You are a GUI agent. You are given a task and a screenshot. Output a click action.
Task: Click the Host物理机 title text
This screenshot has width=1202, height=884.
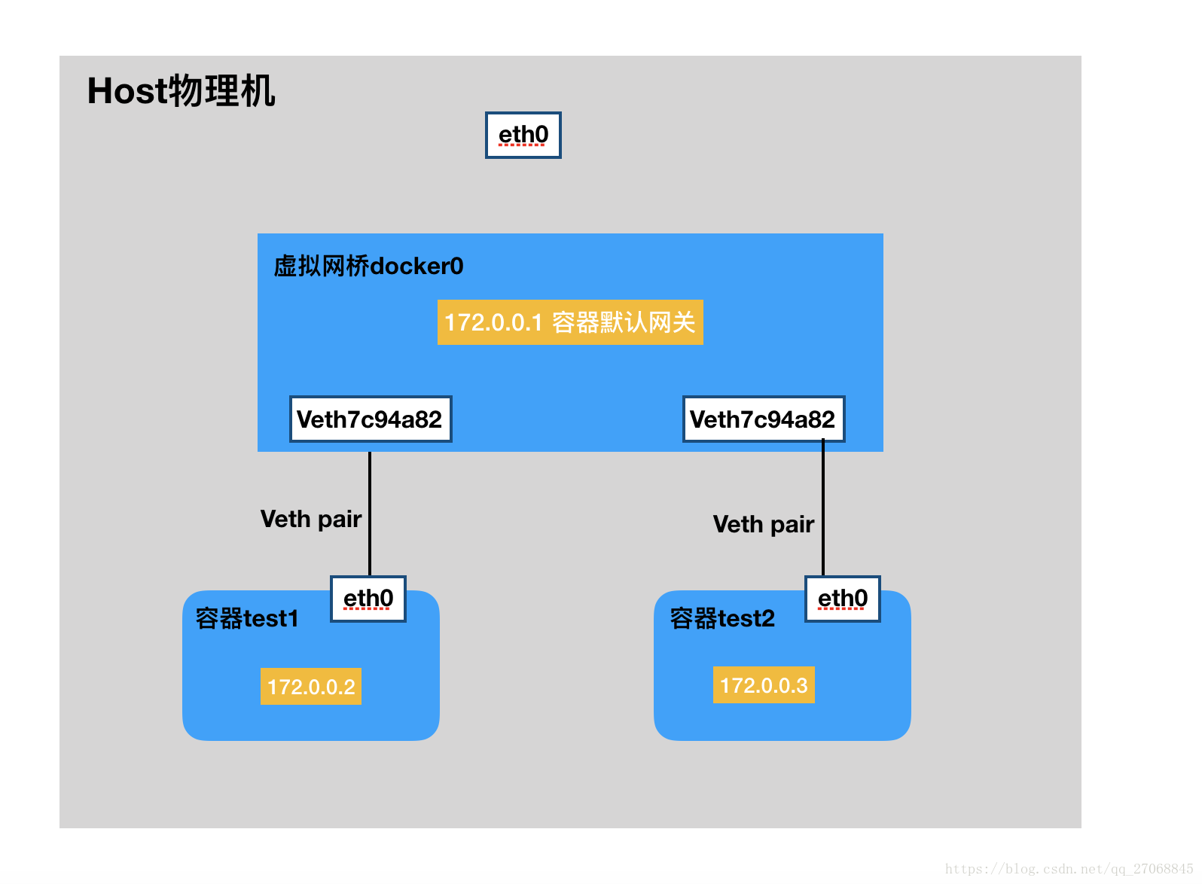tap(181, 91)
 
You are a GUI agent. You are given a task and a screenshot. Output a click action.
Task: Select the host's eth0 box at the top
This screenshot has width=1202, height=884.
tap(523, 135)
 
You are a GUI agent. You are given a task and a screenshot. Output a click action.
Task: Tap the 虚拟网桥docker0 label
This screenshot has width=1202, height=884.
tap(368, 266)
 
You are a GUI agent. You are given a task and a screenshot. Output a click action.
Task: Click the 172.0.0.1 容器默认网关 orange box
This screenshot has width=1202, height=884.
tap(570, 322)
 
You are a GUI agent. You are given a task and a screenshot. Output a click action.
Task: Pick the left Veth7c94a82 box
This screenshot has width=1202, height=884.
tap(371, 419)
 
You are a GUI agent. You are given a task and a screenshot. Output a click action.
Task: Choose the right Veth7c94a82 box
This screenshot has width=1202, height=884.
tap(763, 419)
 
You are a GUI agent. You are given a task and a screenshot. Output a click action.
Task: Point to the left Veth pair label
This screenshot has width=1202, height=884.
tap(310, 519)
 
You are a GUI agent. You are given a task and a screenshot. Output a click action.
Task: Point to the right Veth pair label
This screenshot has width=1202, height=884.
tap(763, 524)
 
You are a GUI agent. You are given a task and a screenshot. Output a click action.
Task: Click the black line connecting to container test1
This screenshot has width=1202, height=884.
tap(370, 512)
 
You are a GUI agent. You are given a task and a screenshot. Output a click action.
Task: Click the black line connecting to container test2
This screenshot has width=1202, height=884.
tap(823, 512)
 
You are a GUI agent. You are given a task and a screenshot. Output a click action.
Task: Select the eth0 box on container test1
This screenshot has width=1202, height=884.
tap(368, 599)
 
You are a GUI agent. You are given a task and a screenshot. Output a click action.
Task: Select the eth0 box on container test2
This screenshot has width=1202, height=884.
tap(843, 599)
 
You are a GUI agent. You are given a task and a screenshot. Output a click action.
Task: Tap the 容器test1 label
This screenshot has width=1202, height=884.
tap(247, 618)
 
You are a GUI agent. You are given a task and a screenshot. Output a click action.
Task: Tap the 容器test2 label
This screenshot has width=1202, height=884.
tap(722, 618)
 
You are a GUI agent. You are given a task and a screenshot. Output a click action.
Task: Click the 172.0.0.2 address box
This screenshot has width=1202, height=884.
tap(311, 687)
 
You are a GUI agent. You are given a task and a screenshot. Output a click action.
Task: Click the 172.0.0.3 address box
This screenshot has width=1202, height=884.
tap(764, 685)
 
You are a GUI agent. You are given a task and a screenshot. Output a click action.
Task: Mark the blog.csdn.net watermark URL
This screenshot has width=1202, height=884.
tap(1069, 869)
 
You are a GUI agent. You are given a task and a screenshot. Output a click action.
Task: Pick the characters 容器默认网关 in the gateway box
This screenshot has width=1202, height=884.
tap(624, 322)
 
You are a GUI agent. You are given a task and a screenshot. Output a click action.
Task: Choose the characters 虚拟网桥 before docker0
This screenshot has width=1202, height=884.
tap(322, 266)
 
